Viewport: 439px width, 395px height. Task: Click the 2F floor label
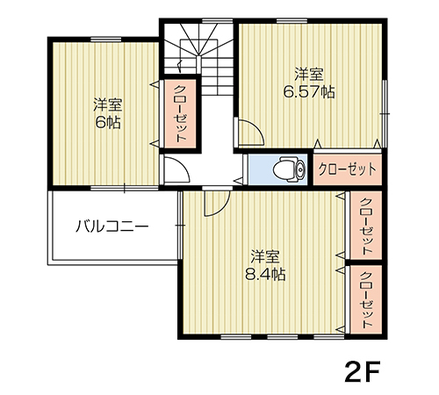coord(361,370)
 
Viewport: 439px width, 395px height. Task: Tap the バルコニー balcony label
coord(112,226)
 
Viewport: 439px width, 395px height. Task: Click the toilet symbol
coord(286,168)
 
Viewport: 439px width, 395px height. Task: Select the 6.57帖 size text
coord(308,90)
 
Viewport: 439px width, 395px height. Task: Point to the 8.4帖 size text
coord(264,273)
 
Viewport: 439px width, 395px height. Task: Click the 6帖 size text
coord(107,122)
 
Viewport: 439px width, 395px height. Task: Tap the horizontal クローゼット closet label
coord(348,169)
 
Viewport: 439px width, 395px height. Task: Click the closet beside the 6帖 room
coord(179,113)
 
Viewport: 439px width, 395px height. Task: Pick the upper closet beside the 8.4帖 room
coord(365,226)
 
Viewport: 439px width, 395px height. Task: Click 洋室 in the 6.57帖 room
coord(307,74)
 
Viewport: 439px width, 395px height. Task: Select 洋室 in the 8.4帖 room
coord(264,256)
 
